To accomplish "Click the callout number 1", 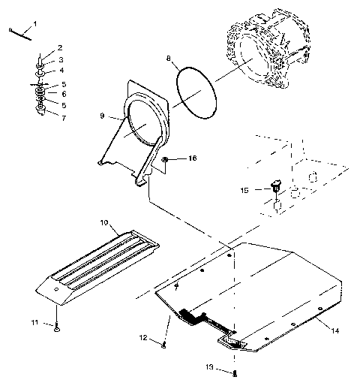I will (x=34, y=25).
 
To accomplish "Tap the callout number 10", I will (x=104, y=224).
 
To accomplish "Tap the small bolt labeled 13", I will (x=235, y=372).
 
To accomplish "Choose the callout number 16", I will (x=193, y=159).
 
